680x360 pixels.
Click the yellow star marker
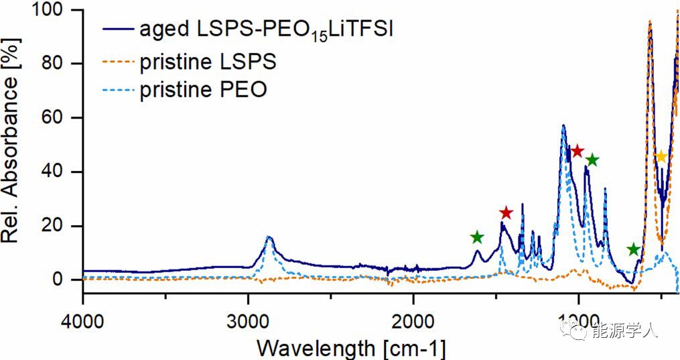tap(661, 157)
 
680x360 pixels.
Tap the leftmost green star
tap(476, 237)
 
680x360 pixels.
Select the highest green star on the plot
tap(592, 160)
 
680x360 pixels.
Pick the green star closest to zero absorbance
tap(634, 249)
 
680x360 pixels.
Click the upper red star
tap(577, 151)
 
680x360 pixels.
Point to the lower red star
tap(506, 213)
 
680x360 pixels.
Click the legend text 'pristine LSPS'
tap(208, 62)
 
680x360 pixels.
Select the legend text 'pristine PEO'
tap(203, 90)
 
